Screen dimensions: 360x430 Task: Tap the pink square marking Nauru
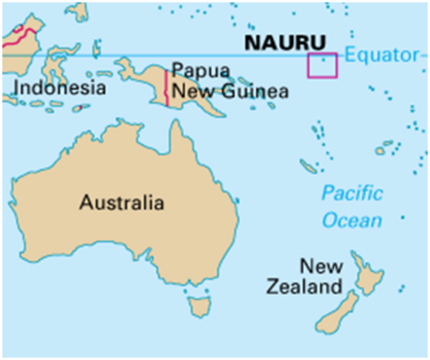(x=322, y=65)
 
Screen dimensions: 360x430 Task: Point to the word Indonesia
(x=59, y=88)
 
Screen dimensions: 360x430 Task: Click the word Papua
(x=194, y=69)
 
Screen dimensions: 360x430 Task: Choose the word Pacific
(x=351, y=194)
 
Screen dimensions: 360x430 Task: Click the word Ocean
(x=352, y=220)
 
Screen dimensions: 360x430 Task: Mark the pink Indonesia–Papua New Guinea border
(x=167, y=89)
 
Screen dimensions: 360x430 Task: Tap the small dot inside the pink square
(x=323, y=60)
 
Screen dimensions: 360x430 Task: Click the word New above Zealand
(x=321, y=266)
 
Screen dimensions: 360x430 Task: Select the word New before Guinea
(x=188, y=92)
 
